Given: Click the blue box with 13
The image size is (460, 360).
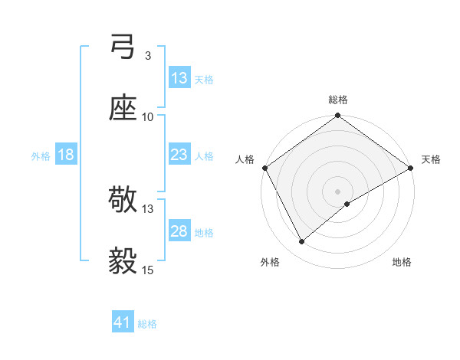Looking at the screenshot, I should coord(179,78).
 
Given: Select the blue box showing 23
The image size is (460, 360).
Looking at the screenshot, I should coord(179,155).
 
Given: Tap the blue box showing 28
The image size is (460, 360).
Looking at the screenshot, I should coord(179,231).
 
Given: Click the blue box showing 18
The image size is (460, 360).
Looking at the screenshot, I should coord(66,155).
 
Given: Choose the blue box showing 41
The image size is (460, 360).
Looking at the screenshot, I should coord(123,323).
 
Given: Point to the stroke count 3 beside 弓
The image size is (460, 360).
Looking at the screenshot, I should coord(147,56).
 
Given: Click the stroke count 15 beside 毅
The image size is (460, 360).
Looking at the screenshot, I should coord(148,270).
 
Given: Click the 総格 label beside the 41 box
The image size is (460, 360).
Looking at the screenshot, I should coord(147,324).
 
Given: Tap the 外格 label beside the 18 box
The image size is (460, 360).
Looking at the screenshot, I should coord(41,155).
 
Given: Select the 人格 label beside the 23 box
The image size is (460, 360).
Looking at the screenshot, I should coord(204,155).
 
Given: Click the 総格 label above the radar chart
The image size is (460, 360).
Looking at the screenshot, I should coord(338,100).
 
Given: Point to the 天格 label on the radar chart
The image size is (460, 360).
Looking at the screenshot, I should coord(431,159).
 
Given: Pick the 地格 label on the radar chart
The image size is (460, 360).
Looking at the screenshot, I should coord(402,262).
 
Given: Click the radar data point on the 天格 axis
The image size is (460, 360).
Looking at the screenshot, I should coord(411,168).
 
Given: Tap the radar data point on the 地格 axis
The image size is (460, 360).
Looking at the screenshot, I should coord(347,204).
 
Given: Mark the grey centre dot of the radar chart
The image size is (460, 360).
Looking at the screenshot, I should coord(338,191).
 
